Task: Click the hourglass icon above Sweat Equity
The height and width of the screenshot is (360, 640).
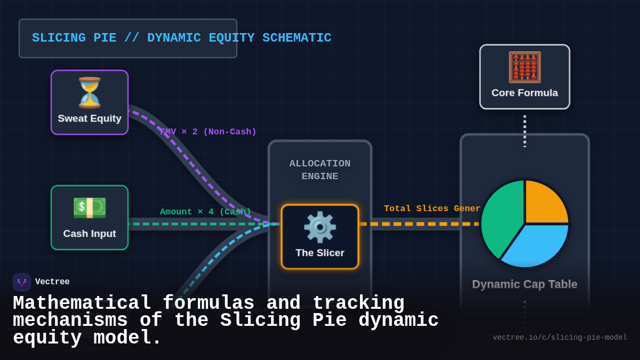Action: pos(90,93)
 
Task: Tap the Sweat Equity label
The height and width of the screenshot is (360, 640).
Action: pos(90,118)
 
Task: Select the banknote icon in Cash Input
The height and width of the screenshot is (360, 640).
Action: pos(90,208)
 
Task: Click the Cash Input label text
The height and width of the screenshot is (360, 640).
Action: pos(90,234)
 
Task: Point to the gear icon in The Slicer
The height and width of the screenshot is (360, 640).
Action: pos(319,227)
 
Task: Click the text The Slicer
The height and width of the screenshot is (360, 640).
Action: pos(319,253)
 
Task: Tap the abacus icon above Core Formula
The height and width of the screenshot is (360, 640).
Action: pos(524,67)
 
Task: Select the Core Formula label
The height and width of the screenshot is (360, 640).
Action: pos(524,93)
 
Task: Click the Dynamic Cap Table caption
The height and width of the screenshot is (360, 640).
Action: pos(524,284)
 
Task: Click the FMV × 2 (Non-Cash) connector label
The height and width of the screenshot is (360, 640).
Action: pos(208,132)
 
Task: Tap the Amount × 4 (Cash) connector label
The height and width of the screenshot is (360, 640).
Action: pos(205,212)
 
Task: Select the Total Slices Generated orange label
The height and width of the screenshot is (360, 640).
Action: pos(432,209)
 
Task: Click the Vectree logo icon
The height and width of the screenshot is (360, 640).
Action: pos(22,282)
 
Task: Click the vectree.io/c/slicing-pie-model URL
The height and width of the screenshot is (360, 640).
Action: pos(559,338)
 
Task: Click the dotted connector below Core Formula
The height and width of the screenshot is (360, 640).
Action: pos(524,131)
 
